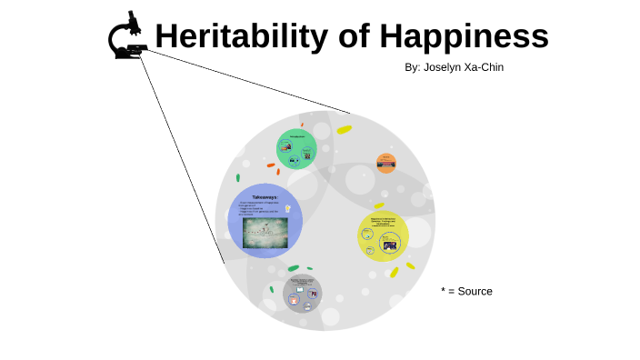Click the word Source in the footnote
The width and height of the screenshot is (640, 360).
[475, 291]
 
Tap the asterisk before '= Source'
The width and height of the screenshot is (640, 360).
[444, 290]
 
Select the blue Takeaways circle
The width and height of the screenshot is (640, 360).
[258, 220]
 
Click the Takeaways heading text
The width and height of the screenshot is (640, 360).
[265, 197]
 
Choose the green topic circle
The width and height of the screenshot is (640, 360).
[296, 148]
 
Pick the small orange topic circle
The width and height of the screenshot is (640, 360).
[386, 164]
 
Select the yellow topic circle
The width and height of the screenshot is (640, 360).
[383, 235]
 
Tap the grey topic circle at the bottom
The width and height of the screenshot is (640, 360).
[302, 294]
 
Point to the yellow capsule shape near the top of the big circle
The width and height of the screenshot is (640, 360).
[344, 130]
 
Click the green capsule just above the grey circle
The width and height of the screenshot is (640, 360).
[293, 268]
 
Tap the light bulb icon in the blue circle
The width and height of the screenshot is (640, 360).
[288, 208]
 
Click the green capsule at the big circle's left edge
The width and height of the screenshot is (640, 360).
[238, 177]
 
